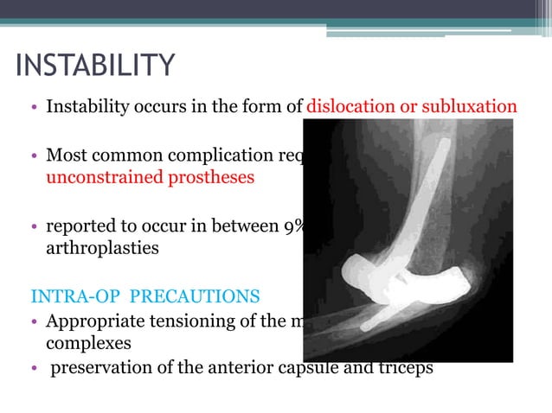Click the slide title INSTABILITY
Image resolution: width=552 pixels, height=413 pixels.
(x=95, y=66)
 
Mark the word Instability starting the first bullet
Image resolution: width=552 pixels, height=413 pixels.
(x=85, y=107)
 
